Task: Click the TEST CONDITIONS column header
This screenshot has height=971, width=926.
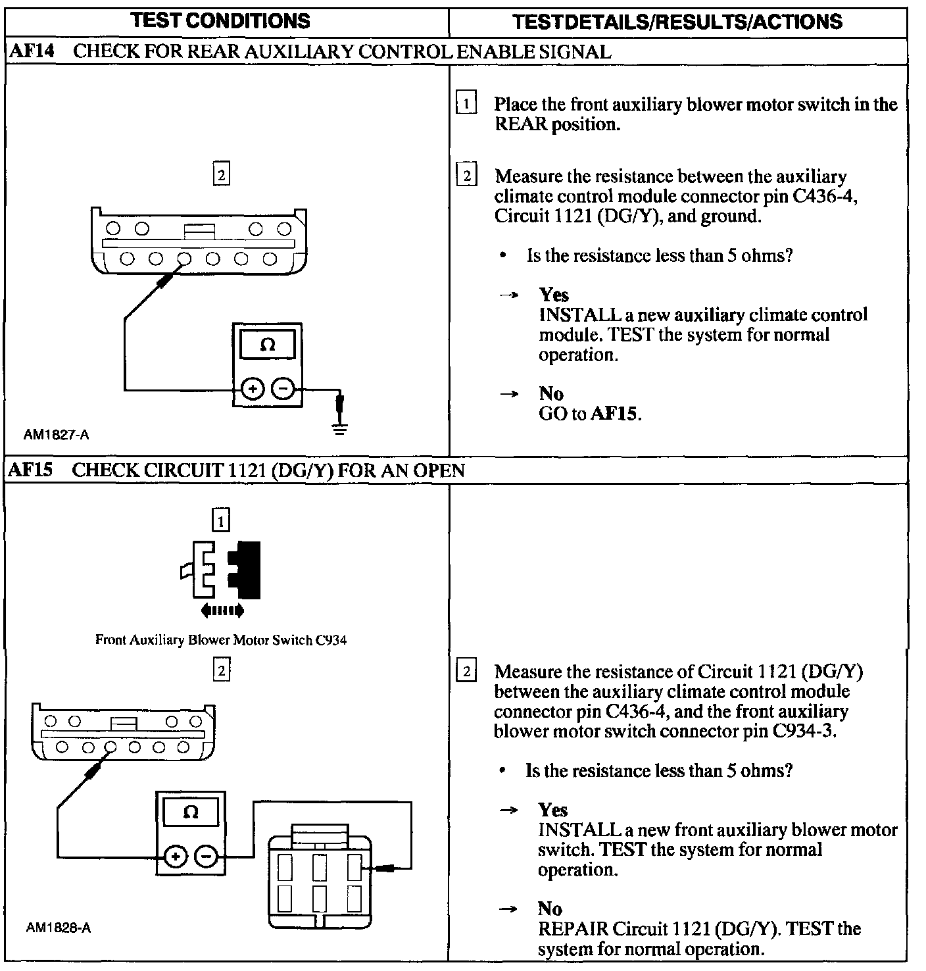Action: [x=220, y=21]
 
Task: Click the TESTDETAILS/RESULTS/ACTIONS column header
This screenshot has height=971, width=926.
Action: [x=677, y=22]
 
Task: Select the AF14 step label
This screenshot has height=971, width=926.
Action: [x=32, y=51]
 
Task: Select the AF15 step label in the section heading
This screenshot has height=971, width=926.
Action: [x=32, y=470]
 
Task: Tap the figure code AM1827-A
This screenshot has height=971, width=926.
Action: [x=57, y=434]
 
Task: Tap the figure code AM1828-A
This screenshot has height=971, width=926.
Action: [x=59, y=928]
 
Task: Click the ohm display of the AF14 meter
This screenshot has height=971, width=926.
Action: [x=267, y=345]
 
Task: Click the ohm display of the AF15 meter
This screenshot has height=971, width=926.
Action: [x=191, y=812]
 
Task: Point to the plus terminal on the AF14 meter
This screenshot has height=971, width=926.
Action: [x=252, y=389]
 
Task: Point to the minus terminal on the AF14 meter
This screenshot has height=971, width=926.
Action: [x=283, y=389]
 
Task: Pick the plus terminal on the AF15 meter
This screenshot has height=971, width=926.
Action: [x=175, y=857]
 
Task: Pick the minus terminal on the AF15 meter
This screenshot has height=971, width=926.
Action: [x=206, y=857]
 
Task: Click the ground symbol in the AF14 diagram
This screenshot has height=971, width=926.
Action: [x=340, y=429]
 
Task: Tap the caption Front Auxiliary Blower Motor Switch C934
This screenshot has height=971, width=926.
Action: [x=221, y=639]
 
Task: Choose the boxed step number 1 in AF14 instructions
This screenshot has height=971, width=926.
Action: [x=466, y=104]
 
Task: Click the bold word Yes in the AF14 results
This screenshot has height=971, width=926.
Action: [x=554, y=294]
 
